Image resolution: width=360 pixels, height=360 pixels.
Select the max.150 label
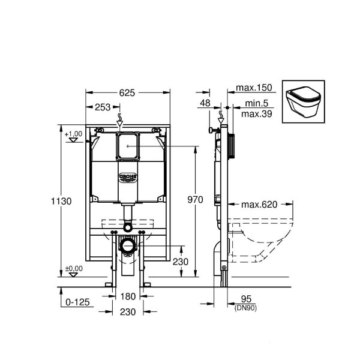(254, 88)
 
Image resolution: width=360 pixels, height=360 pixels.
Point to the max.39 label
(254, 114)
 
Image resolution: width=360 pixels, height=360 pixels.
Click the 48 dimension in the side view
(205, 103)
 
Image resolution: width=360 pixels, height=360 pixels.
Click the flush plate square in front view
(128, 146)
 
